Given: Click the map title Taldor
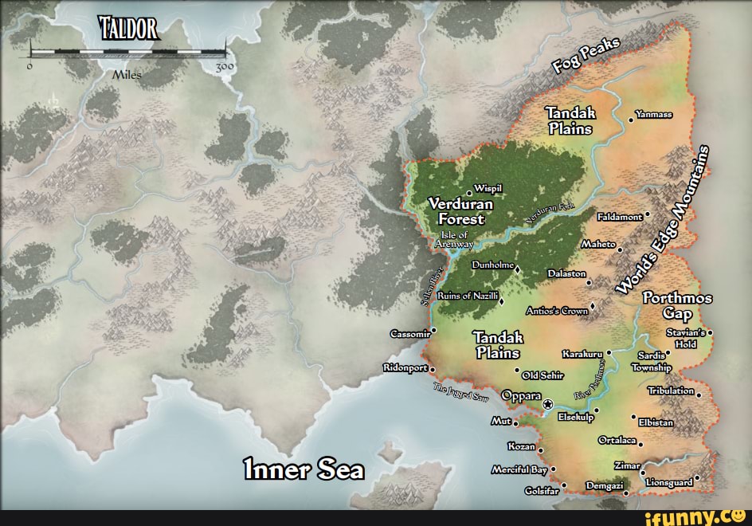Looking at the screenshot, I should (x=130, y=30).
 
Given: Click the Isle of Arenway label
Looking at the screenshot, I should (x=454, y=240).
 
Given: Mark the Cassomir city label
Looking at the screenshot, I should (x=410, y=333).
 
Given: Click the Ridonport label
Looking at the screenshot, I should (x=405, y=368).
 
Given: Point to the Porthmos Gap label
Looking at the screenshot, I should (x=677, y=306).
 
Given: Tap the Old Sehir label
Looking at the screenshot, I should (x=543, y=375).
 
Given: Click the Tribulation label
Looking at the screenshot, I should (x=671, y=391).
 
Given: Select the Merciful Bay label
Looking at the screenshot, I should (x=518, y=469).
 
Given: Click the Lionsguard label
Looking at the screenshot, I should (x=669, y=482).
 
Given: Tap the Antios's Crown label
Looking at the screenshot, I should (x=557, y=311).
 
